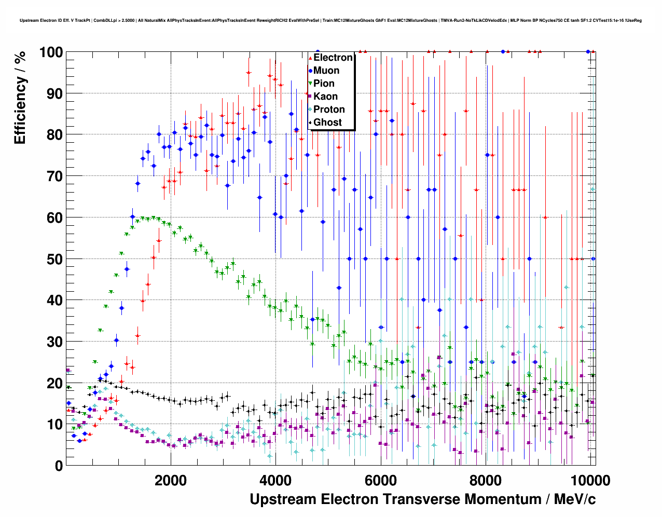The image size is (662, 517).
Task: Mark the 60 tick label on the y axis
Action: click(x=54, y=218)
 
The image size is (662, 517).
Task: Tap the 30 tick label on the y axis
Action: click(x=54, y=342)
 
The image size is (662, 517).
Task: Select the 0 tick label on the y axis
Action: click(x=59, y=466)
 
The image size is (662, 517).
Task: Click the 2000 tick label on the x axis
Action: click(x=171, y=480)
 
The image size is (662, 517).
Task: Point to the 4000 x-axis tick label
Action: click(x=275, y=480)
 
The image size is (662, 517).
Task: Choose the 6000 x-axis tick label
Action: click(x=381, y=480)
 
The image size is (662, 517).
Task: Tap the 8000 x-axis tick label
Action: click(x=486, y=480)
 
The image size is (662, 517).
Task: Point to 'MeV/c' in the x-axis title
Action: click(x=574, y=499)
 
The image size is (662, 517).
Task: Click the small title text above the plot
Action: click(x=330, y=21)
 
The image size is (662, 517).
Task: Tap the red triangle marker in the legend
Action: click(x=310, y=58)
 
